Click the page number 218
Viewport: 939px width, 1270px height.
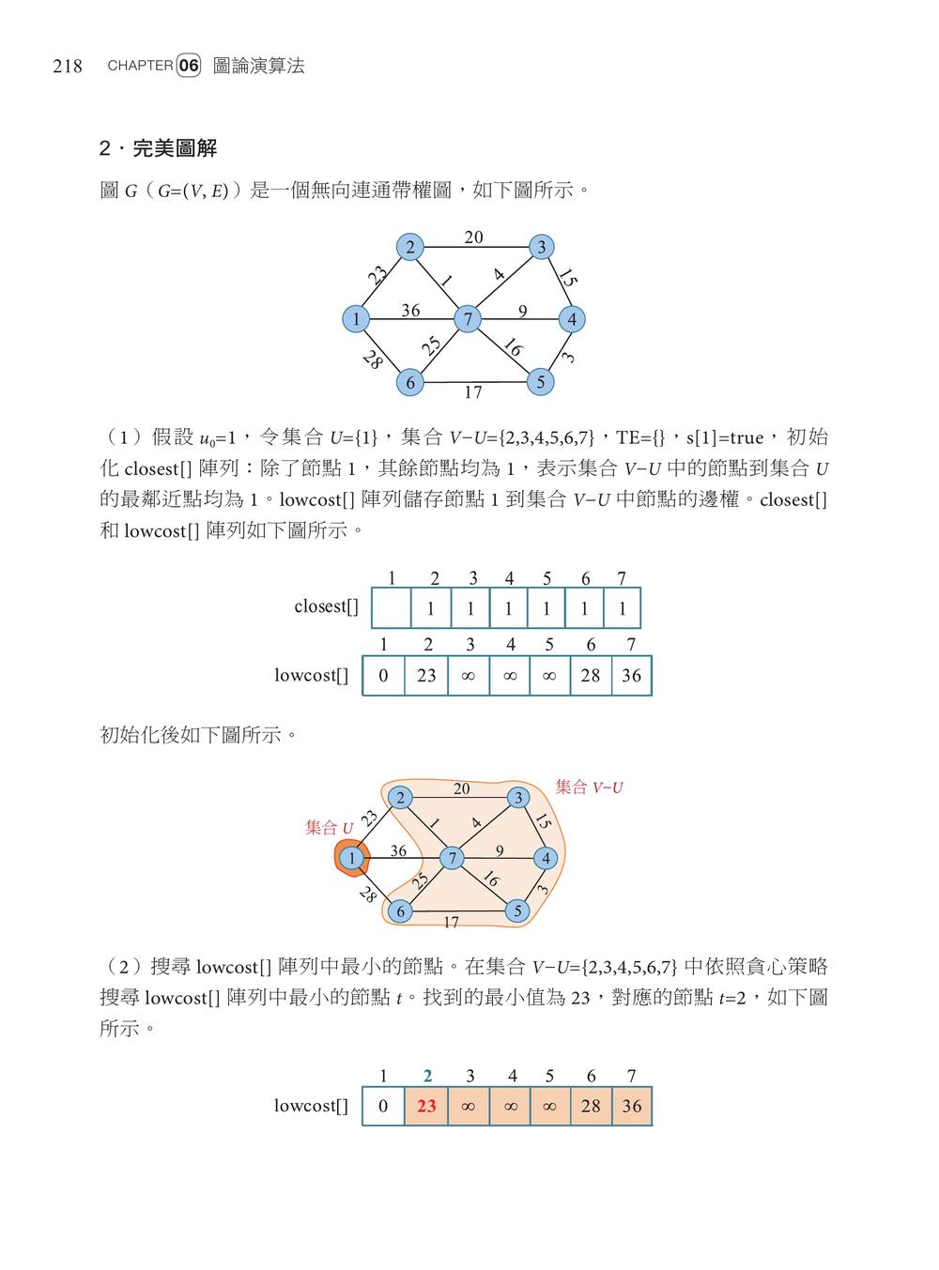tap(68, 66)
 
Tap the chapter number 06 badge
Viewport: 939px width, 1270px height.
tap(189, 66)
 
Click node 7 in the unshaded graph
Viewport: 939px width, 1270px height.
tap(467, 319)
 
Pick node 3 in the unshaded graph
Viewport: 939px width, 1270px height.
tap(541, 248)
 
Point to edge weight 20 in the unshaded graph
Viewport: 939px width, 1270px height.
tap(473, 237)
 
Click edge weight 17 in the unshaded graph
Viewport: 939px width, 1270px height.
tap(473, 393)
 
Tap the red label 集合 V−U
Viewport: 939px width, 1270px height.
tap(589, 788)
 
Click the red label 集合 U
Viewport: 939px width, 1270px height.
tap(330, 828)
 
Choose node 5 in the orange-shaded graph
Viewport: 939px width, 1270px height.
tap(517, 910)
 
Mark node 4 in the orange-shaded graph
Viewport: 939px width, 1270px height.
tap(546, 858)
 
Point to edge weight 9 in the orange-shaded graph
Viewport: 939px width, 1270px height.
tap(500, 850)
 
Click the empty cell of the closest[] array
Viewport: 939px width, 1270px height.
tap(392, 608)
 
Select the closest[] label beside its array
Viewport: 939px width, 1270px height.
tap(326, 607)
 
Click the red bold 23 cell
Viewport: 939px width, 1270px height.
tap(426, 1106)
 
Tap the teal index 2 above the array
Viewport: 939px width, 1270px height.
tap(428, 1076)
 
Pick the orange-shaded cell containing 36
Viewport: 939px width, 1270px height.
tap(632, 1106)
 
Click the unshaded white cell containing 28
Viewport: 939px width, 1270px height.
tap(591, 675)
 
